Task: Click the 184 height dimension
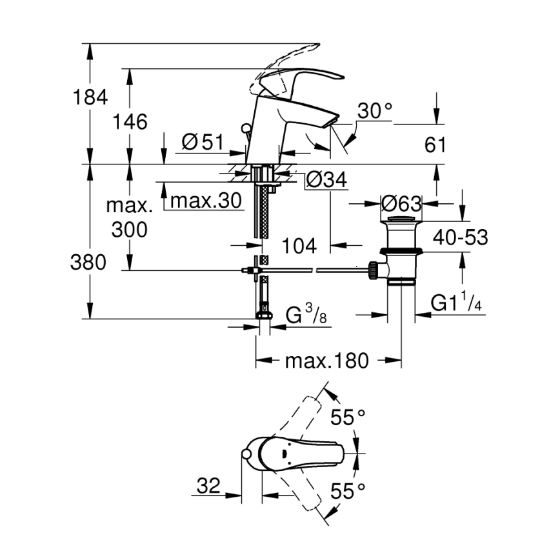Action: (x=90, y=97)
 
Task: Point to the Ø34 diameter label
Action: (x=327, y=180)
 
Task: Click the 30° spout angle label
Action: (x=375, y=111)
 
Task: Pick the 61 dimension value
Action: (x=435, y=145)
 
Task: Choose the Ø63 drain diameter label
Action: (x=401, y=205)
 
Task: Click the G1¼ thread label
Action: (x=456, y=303)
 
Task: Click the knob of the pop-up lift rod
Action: (x=246, y=128)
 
